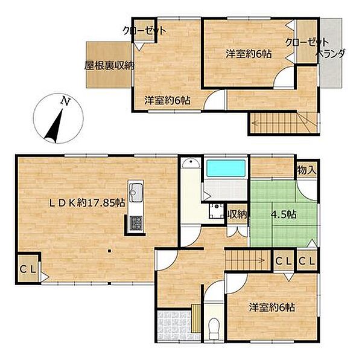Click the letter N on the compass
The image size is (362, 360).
coord(65,101)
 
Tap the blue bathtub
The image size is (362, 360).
coord(226,169)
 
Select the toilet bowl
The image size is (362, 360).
coord(214,329)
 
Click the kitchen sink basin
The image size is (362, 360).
coord(136,191)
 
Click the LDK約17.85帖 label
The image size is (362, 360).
coord(87,203)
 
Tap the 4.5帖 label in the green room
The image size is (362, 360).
coord(284,214)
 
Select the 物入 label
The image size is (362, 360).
coord(306,170)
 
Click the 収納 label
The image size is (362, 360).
coord(237,215)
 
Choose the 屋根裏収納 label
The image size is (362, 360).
coord(109,66)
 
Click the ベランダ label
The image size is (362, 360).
coord(331,54)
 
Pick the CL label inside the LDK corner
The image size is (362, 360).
coord(28,269)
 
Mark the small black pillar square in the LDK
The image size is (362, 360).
coord(110,251)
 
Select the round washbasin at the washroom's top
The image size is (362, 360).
coord(191,163)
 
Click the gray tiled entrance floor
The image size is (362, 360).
coord(175,326)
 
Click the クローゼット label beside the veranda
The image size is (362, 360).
coord(307,42)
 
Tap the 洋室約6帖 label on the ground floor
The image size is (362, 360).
coord(271,307)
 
